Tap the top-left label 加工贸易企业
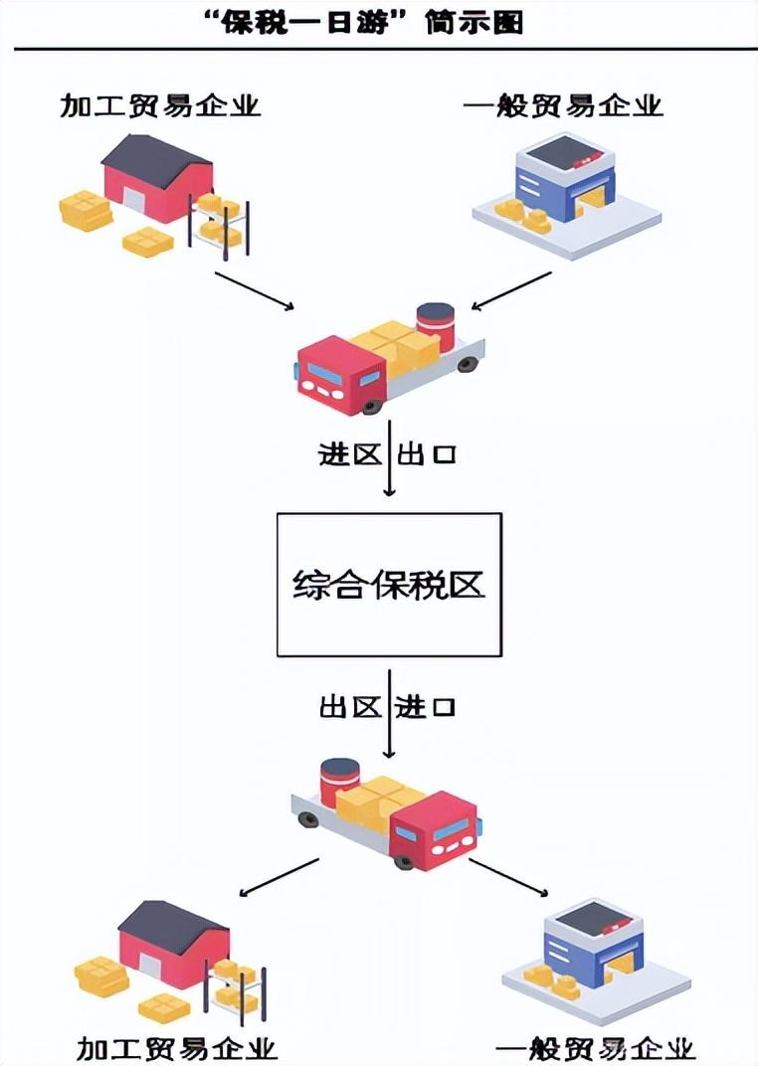(x=160, y=104)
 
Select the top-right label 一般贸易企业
(x=563, y=104)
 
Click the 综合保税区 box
(x=389, y=584)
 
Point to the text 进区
(x=349, y=455)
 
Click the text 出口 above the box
(x=428, y=455)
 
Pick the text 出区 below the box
(x=350, y=708)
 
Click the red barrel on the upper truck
(x=435, y=325)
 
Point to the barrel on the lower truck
(x=340, y=781)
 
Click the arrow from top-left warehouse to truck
(x=255, y=289)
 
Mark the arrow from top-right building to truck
(x=510, y=290)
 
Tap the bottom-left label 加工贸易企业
(x=176, y=1048)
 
